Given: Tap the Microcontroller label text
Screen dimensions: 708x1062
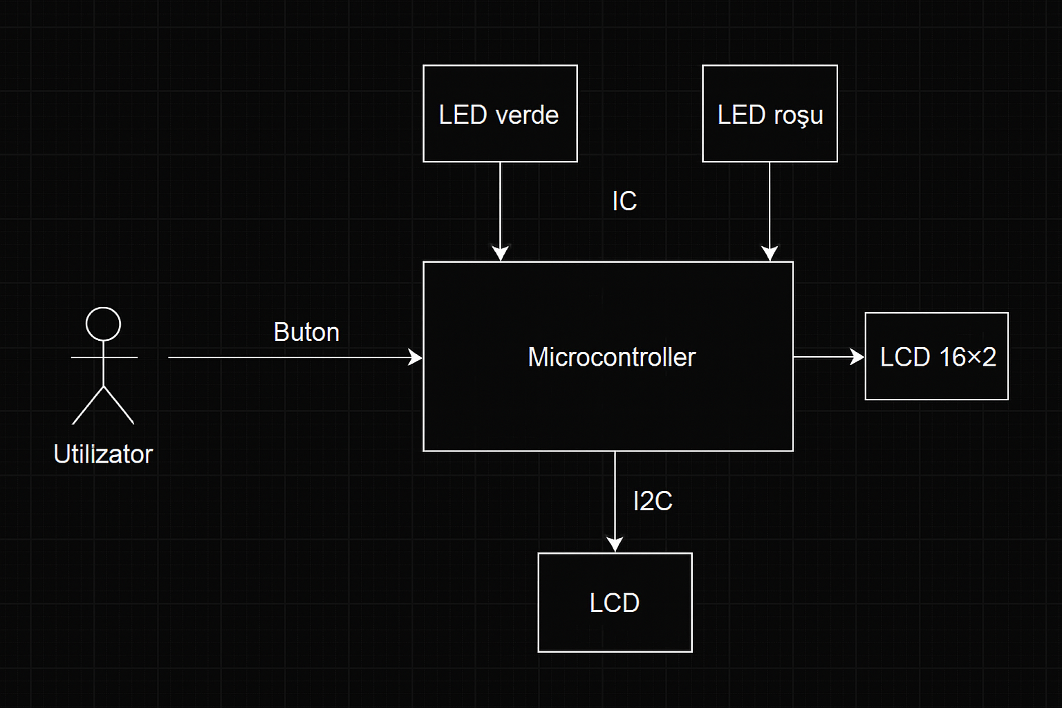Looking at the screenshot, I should tap(611, 357).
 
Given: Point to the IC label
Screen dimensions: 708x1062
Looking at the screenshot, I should tap(624, 201).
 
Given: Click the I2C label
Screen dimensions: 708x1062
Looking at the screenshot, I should tap(653, 501).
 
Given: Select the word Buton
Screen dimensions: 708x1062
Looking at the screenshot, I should tap(306, 333).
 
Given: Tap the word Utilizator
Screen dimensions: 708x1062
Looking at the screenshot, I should tap(103, 454).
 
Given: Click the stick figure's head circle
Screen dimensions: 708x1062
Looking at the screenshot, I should tap(103, 324).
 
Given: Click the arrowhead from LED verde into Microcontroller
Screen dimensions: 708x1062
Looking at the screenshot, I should tap(500, 254).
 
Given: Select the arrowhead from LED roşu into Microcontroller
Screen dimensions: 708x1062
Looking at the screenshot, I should tap(770, 254).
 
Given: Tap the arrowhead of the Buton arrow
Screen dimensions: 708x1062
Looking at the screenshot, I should tap(416, 357).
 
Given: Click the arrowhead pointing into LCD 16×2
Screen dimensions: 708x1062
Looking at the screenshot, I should tap(858, 357).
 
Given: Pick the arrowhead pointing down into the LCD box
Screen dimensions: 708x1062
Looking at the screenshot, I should tap(615, 545).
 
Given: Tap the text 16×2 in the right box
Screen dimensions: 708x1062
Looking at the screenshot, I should tap(967, 357).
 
